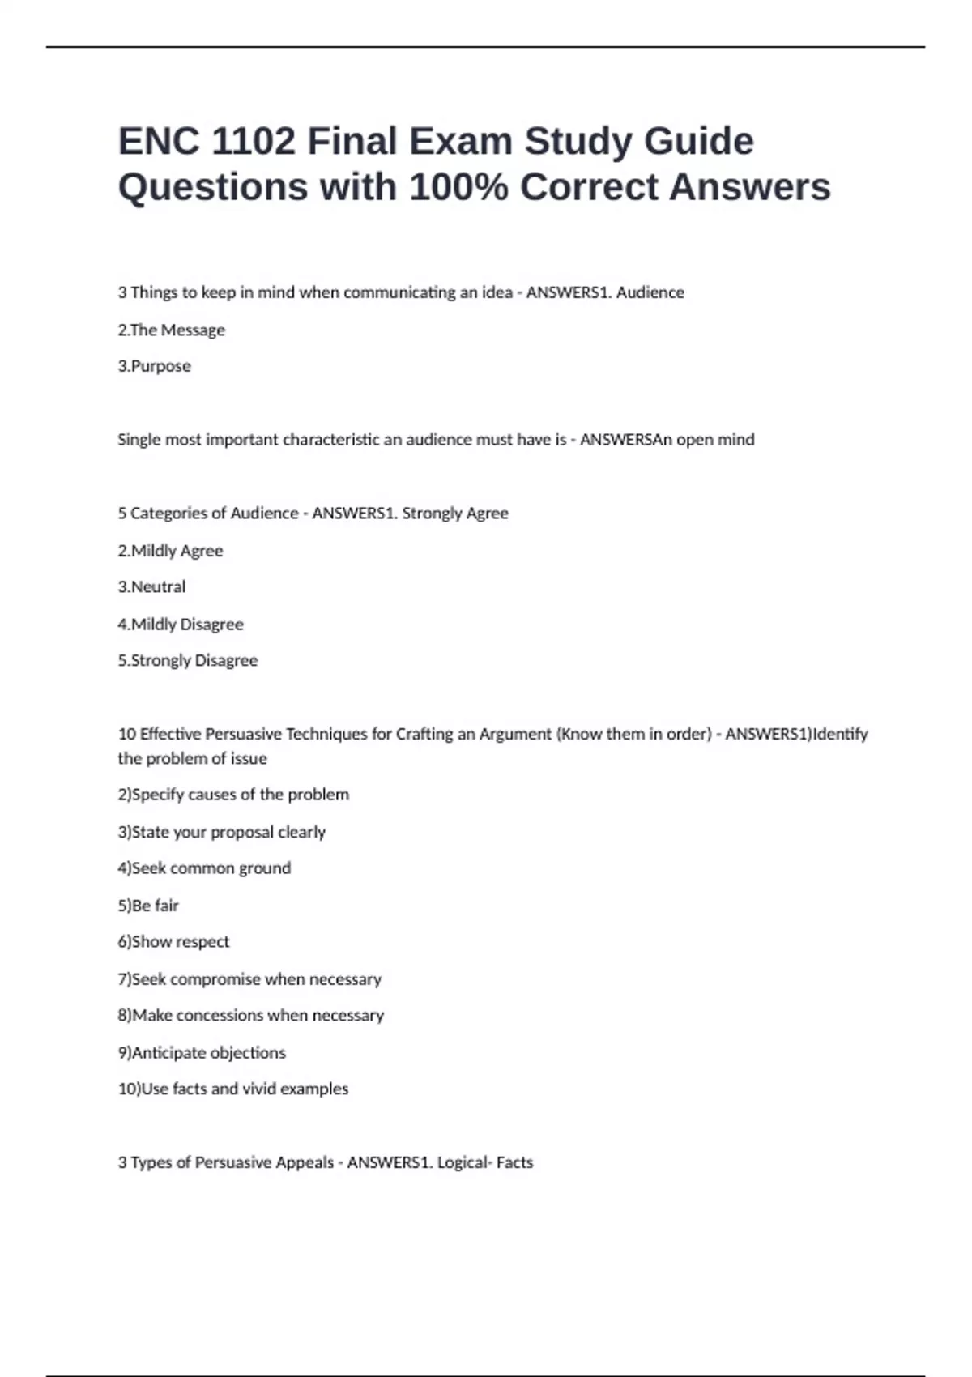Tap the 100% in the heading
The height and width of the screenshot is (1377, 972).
click(x=458, y=187)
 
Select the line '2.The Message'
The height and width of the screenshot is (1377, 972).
click(x=172, y=330)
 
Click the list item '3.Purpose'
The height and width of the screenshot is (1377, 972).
click(x=155, y=366)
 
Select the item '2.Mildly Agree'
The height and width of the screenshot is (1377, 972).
click(x=170, y=551)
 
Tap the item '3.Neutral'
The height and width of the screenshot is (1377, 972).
click(x=151, y=586)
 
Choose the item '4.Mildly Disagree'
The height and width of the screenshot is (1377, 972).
click(x=181, y=625)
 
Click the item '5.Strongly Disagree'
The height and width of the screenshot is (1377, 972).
click(x=188, y=660)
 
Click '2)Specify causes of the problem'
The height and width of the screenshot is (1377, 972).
click(x=233, y=795)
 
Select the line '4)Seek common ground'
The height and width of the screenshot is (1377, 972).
click(x=204, y=868)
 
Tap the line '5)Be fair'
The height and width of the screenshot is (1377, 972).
click(x=148, y=906)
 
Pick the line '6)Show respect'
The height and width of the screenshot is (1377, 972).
click(x=173, y=942)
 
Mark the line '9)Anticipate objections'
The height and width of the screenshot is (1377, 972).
click(x=202, y=1053)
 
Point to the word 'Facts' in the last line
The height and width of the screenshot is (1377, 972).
click(x=514, y=1162)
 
